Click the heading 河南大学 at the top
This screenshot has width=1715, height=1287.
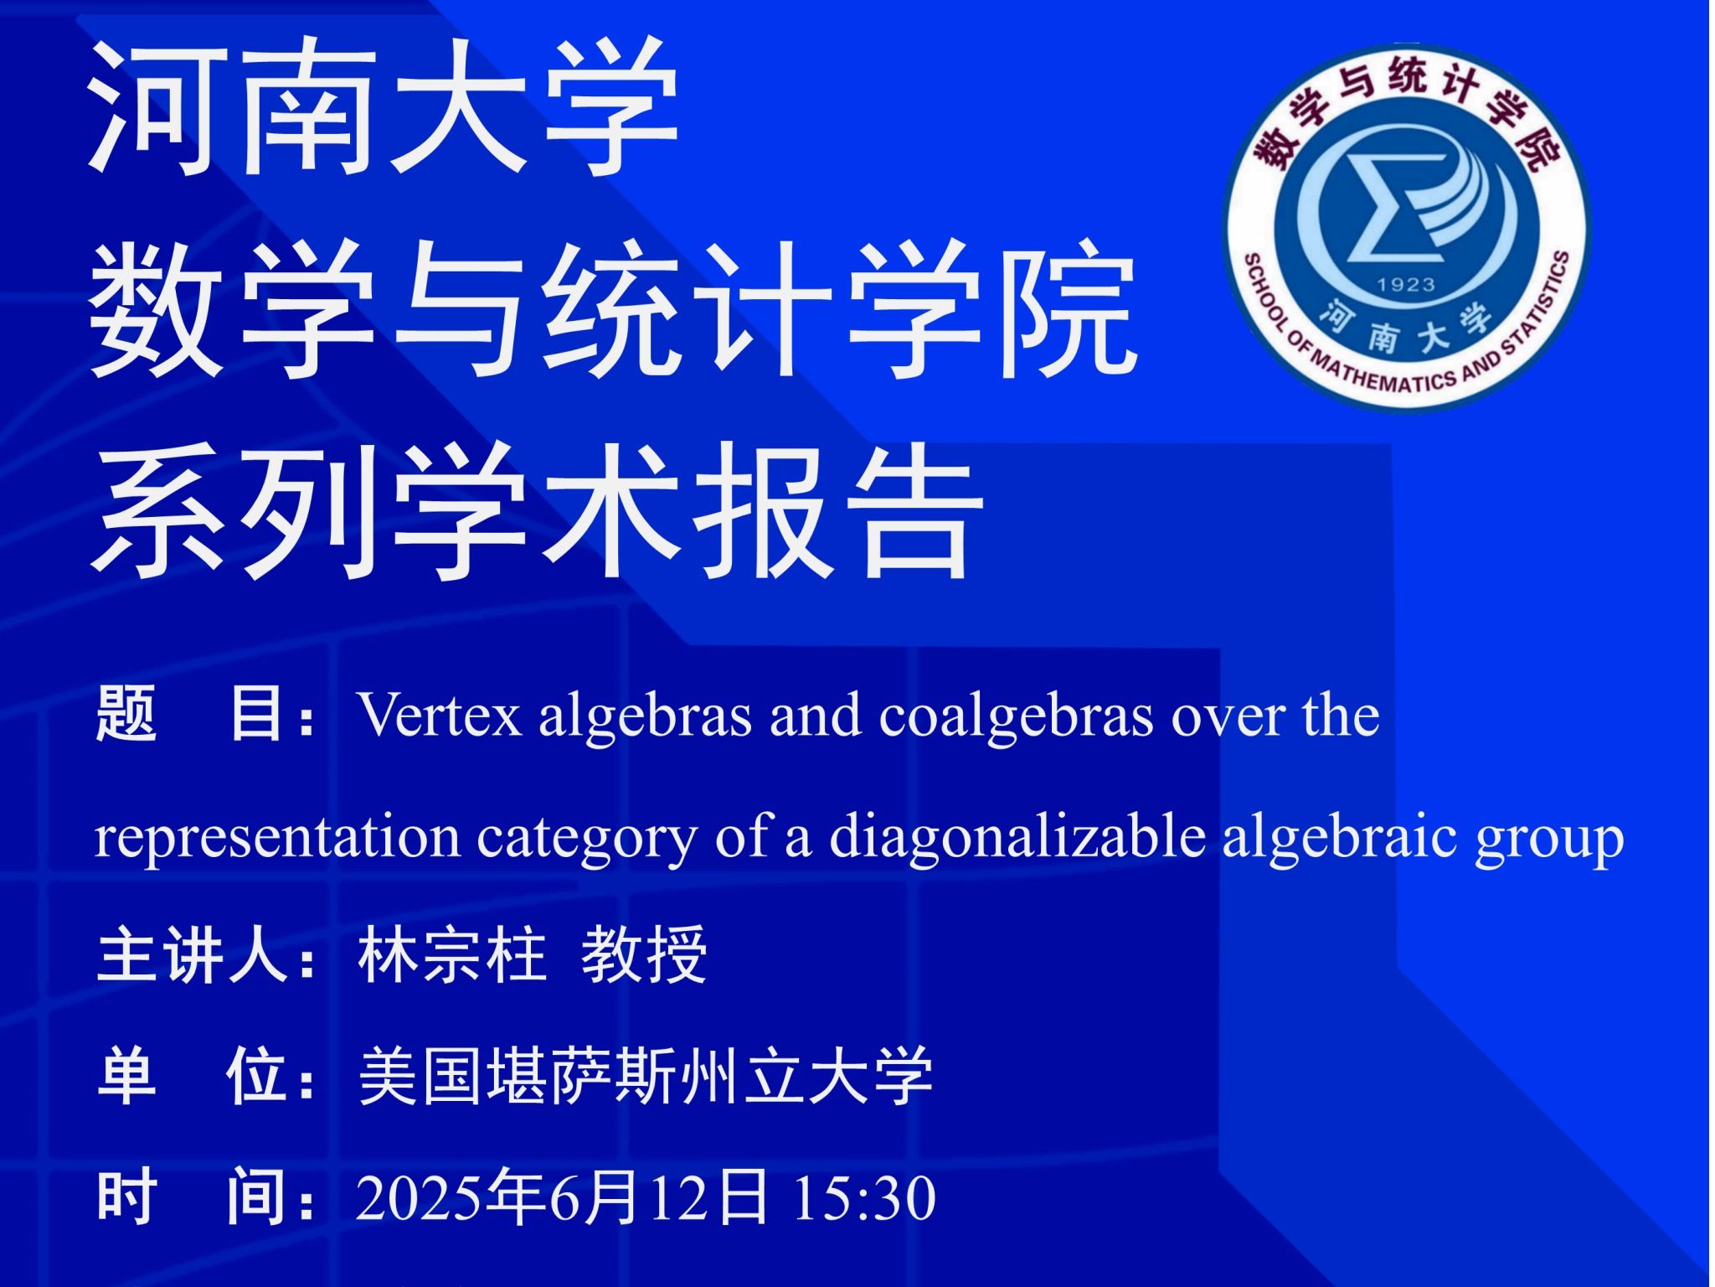384,106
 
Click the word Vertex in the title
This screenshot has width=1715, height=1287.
440,716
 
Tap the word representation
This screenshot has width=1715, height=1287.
277,837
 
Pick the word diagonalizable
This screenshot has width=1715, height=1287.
1017,837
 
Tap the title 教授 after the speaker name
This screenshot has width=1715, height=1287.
644,956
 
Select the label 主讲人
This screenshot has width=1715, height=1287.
193,956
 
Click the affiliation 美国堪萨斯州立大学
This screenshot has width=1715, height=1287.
646,1077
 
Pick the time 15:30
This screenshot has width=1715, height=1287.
863,1198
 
